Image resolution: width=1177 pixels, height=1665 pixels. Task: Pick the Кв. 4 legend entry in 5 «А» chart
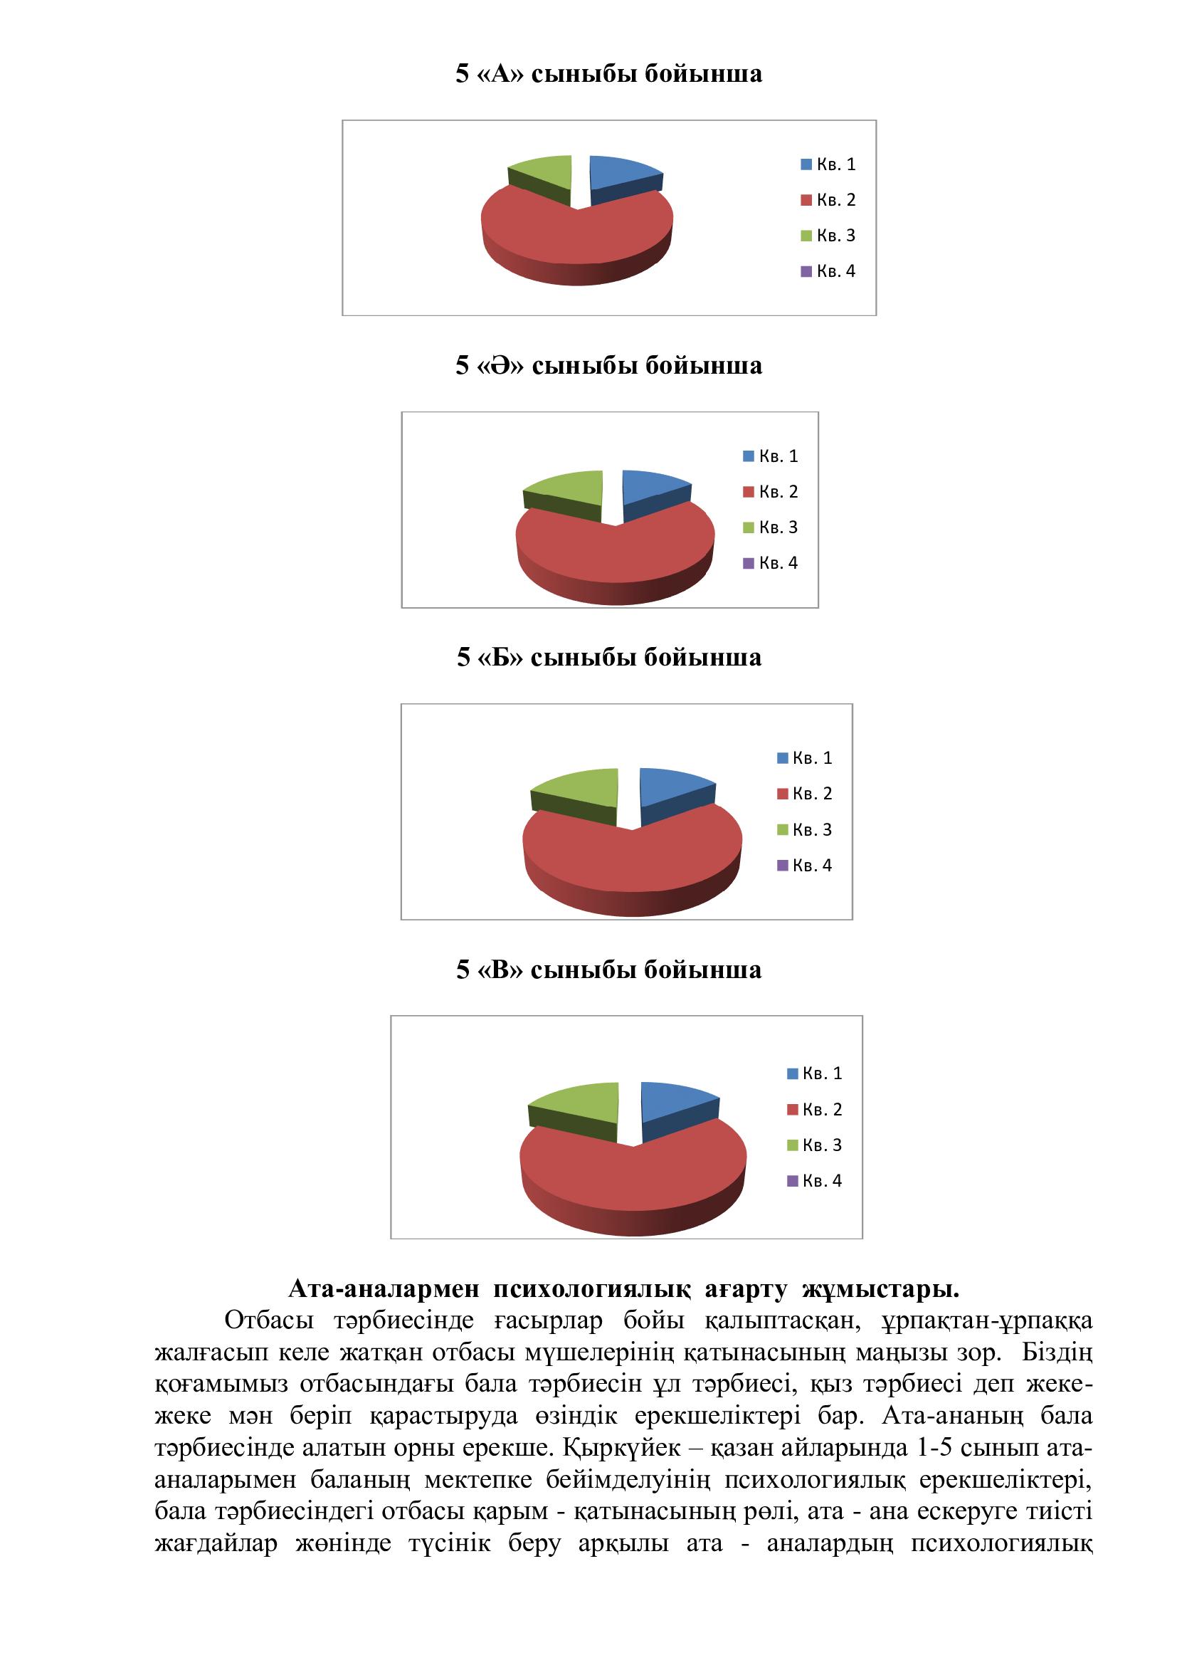tap(828, 271)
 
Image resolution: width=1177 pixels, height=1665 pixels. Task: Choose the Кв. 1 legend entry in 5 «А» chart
tap(828, 164)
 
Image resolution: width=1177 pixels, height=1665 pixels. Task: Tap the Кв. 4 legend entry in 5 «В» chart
tap(814, 1180)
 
